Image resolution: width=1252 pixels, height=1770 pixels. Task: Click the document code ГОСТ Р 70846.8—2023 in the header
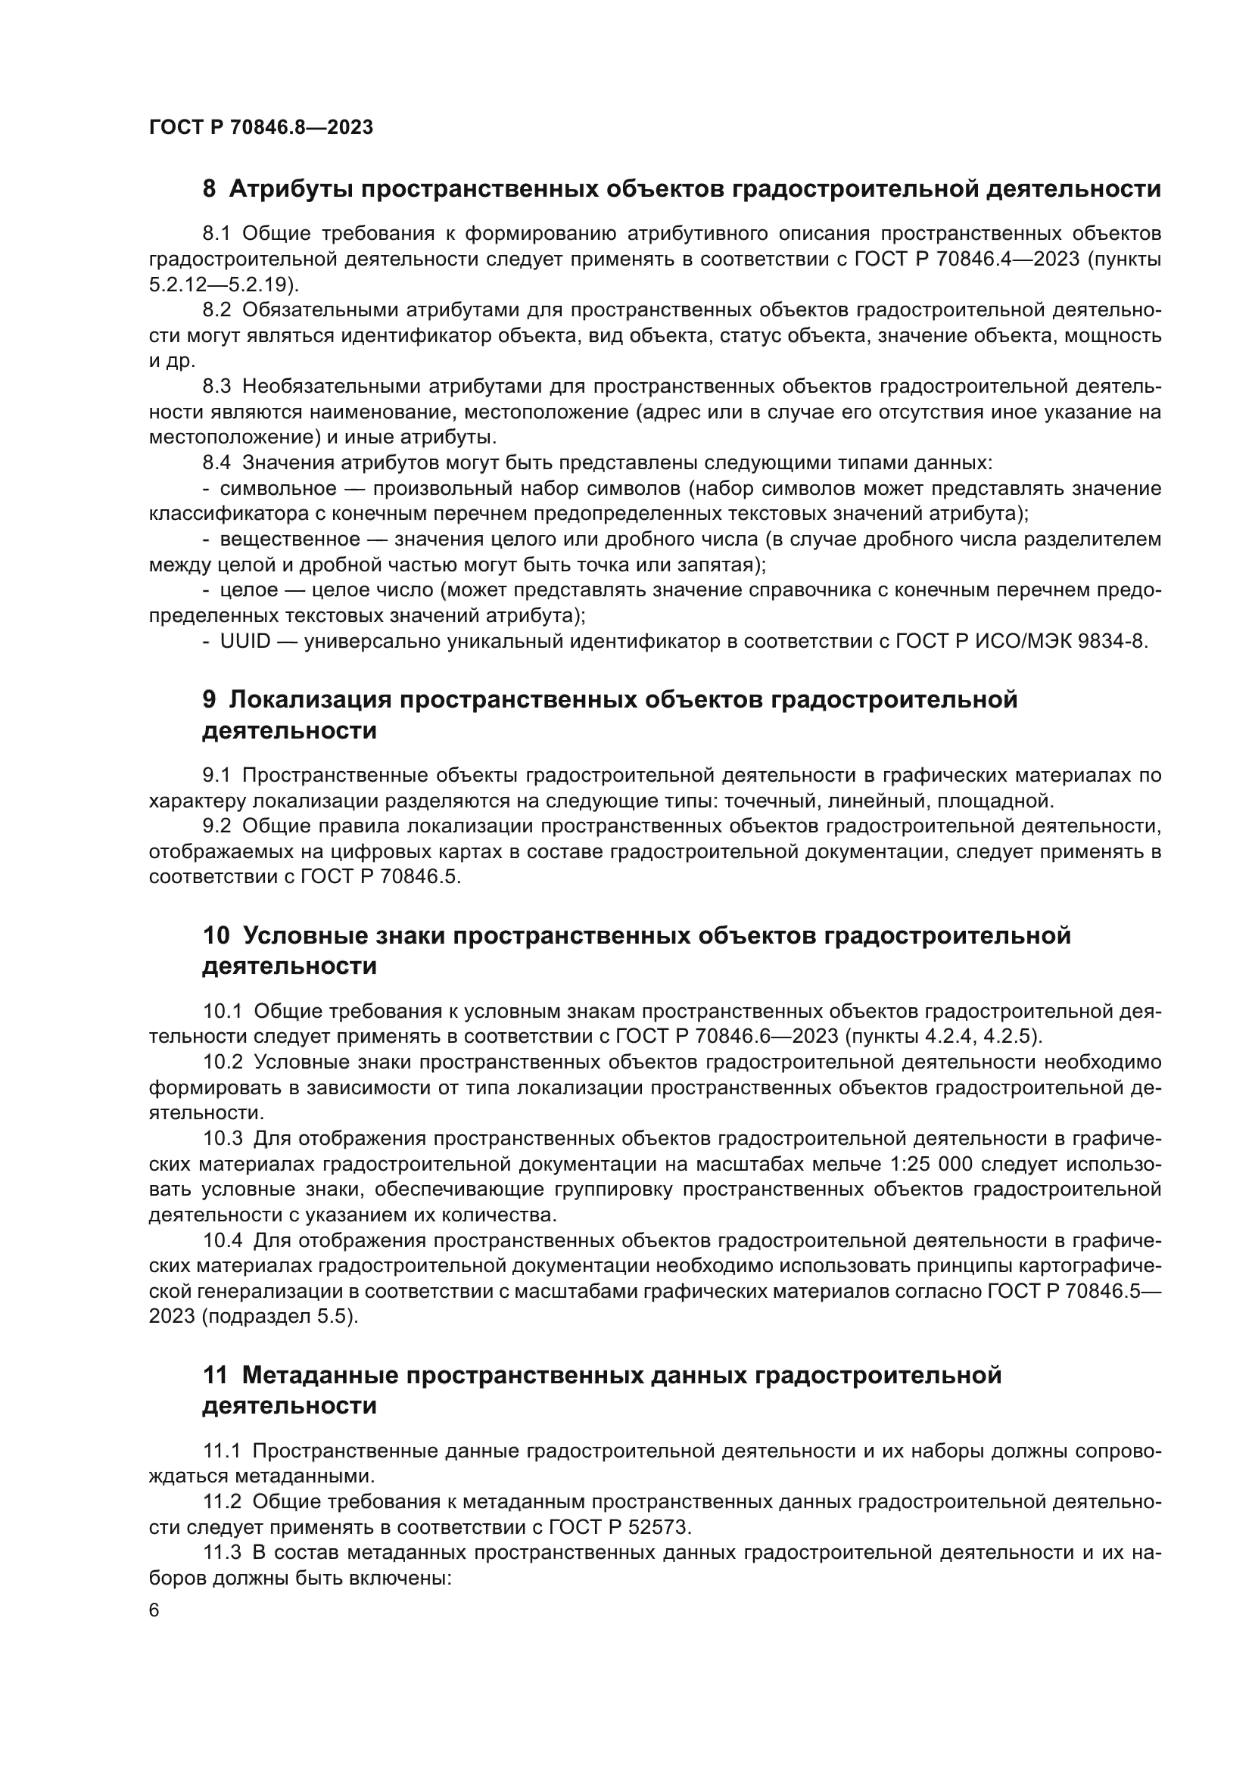click(260, 127)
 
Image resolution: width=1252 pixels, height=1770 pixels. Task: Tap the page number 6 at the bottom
click(154, 1611)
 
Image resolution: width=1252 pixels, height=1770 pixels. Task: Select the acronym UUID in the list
click(245, 642)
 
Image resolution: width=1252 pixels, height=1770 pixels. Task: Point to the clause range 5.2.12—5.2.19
click(219, 285)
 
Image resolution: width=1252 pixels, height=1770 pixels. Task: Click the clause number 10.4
click(223, 1240)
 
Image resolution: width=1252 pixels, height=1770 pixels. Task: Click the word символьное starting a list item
click(279, 489)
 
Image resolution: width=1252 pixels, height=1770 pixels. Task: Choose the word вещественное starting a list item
click(290, 540)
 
